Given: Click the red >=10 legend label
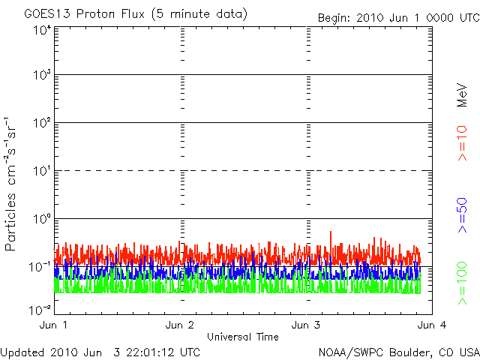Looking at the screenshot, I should [462, 142].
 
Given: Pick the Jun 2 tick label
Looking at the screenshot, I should [181, 325].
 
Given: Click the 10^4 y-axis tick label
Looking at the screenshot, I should [41, 30].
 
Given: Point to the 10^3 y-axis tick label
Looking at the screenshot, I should [41, 76].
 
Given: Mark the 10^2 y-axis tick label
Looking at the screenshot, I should [41, 123].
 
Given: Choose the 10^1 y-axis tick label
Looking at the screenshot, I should [41, 171].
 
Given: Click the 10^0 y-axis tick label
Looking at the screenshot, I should [41, 219].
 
